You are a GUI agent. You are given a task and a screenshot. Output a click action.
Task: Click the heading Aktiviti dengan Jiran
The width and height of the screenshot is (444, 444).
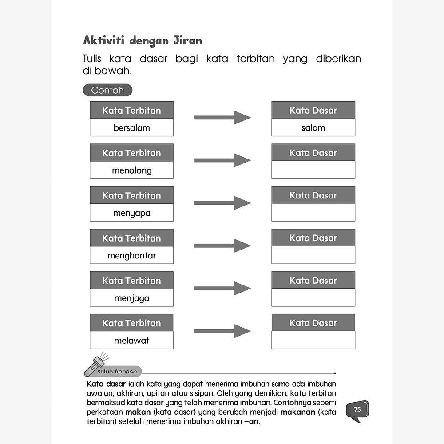tap(143, 40)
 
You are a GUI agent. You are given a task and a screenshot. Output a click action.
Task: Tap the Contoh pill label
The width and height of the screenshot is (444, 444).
tap(107, 90)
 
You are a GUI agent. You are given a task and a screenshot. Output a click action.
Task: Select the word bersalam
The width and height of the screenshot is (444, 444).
tap(131, 128)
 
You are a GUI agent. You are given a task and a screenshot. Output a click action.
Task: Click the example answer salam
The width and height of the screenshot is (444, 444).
tap(313, 128)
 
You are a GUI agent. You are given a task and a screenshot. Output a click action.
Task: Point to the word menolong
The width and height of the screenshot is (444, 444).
tap(131, 170)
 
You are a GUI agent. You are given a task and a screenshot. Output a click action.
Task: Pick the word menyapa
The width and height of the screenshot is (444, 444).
tap(131, 213)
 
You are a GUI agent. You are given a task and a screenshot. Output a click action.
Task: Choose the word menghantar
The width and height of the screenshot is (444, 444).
tap(131, 256)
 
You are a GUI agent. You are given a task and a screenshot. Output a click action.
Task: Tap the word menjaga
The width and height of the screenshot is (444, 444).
tap(131, 298)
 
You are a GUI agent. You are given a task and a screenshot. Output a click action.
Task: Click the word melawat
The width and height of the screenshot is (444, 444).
tap(131, 341)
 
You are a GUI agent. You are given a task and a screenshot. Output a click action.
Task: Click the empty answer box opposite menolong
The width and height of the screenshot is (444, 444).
tap(313, 170)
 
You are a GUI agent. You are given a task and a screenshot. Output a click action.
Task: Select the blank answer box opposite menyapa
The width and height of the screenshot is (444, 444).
tap(313, 213)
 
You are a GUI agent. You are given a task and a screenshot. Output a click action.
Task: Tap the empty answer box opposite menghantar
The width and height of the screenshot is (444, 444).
tap(313, 255)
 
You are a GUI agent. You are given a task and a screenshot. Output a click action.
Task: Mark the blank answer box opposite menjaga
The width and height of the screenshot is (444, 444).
tap(313, 298)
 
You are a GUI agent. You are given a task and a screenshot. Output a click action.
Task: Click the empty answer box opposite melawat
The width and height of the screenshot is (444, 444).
tap(313, 341)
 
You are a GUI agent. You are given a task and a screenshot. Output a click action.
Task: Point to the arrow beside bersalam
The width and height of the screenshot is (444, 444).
tap(222, 118)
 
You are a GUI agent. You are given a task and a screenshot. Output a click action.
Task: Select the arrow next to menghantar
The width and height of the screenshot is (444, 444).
tap(222, 246)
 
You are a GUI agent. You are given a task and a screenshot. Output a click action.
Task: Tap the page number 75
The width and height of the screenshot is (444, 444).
tap(358, 409)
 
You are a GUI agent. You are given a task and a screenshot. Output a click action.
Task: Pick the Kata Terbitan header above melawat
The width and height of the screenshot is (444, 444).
tap(131, 323)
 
